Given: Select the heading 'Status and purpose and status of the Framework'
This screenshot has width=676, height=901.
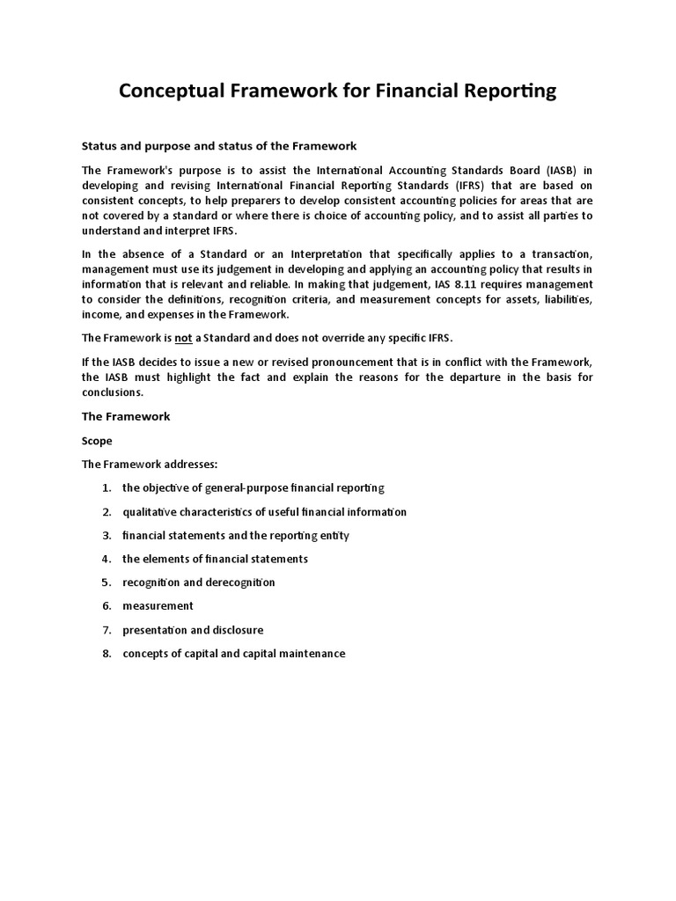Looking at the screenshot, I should (219, 145).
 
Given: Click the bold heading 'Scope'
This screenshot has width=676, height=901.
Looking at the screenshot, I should (97, 440).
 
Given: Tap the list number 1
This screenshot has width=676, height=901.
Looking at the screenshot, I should (106, 487).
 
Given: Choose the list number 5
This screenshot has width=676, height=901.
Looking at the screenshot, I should (106, 582).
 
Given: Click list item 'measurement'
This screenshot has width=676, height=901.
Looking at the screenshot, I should (158, 606).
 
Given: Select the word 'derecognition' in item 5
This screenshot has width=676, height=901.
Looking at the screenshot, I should (241, 582).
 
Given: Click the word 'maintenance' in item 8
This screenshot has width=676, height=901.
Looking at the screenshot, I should (311, 654).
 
